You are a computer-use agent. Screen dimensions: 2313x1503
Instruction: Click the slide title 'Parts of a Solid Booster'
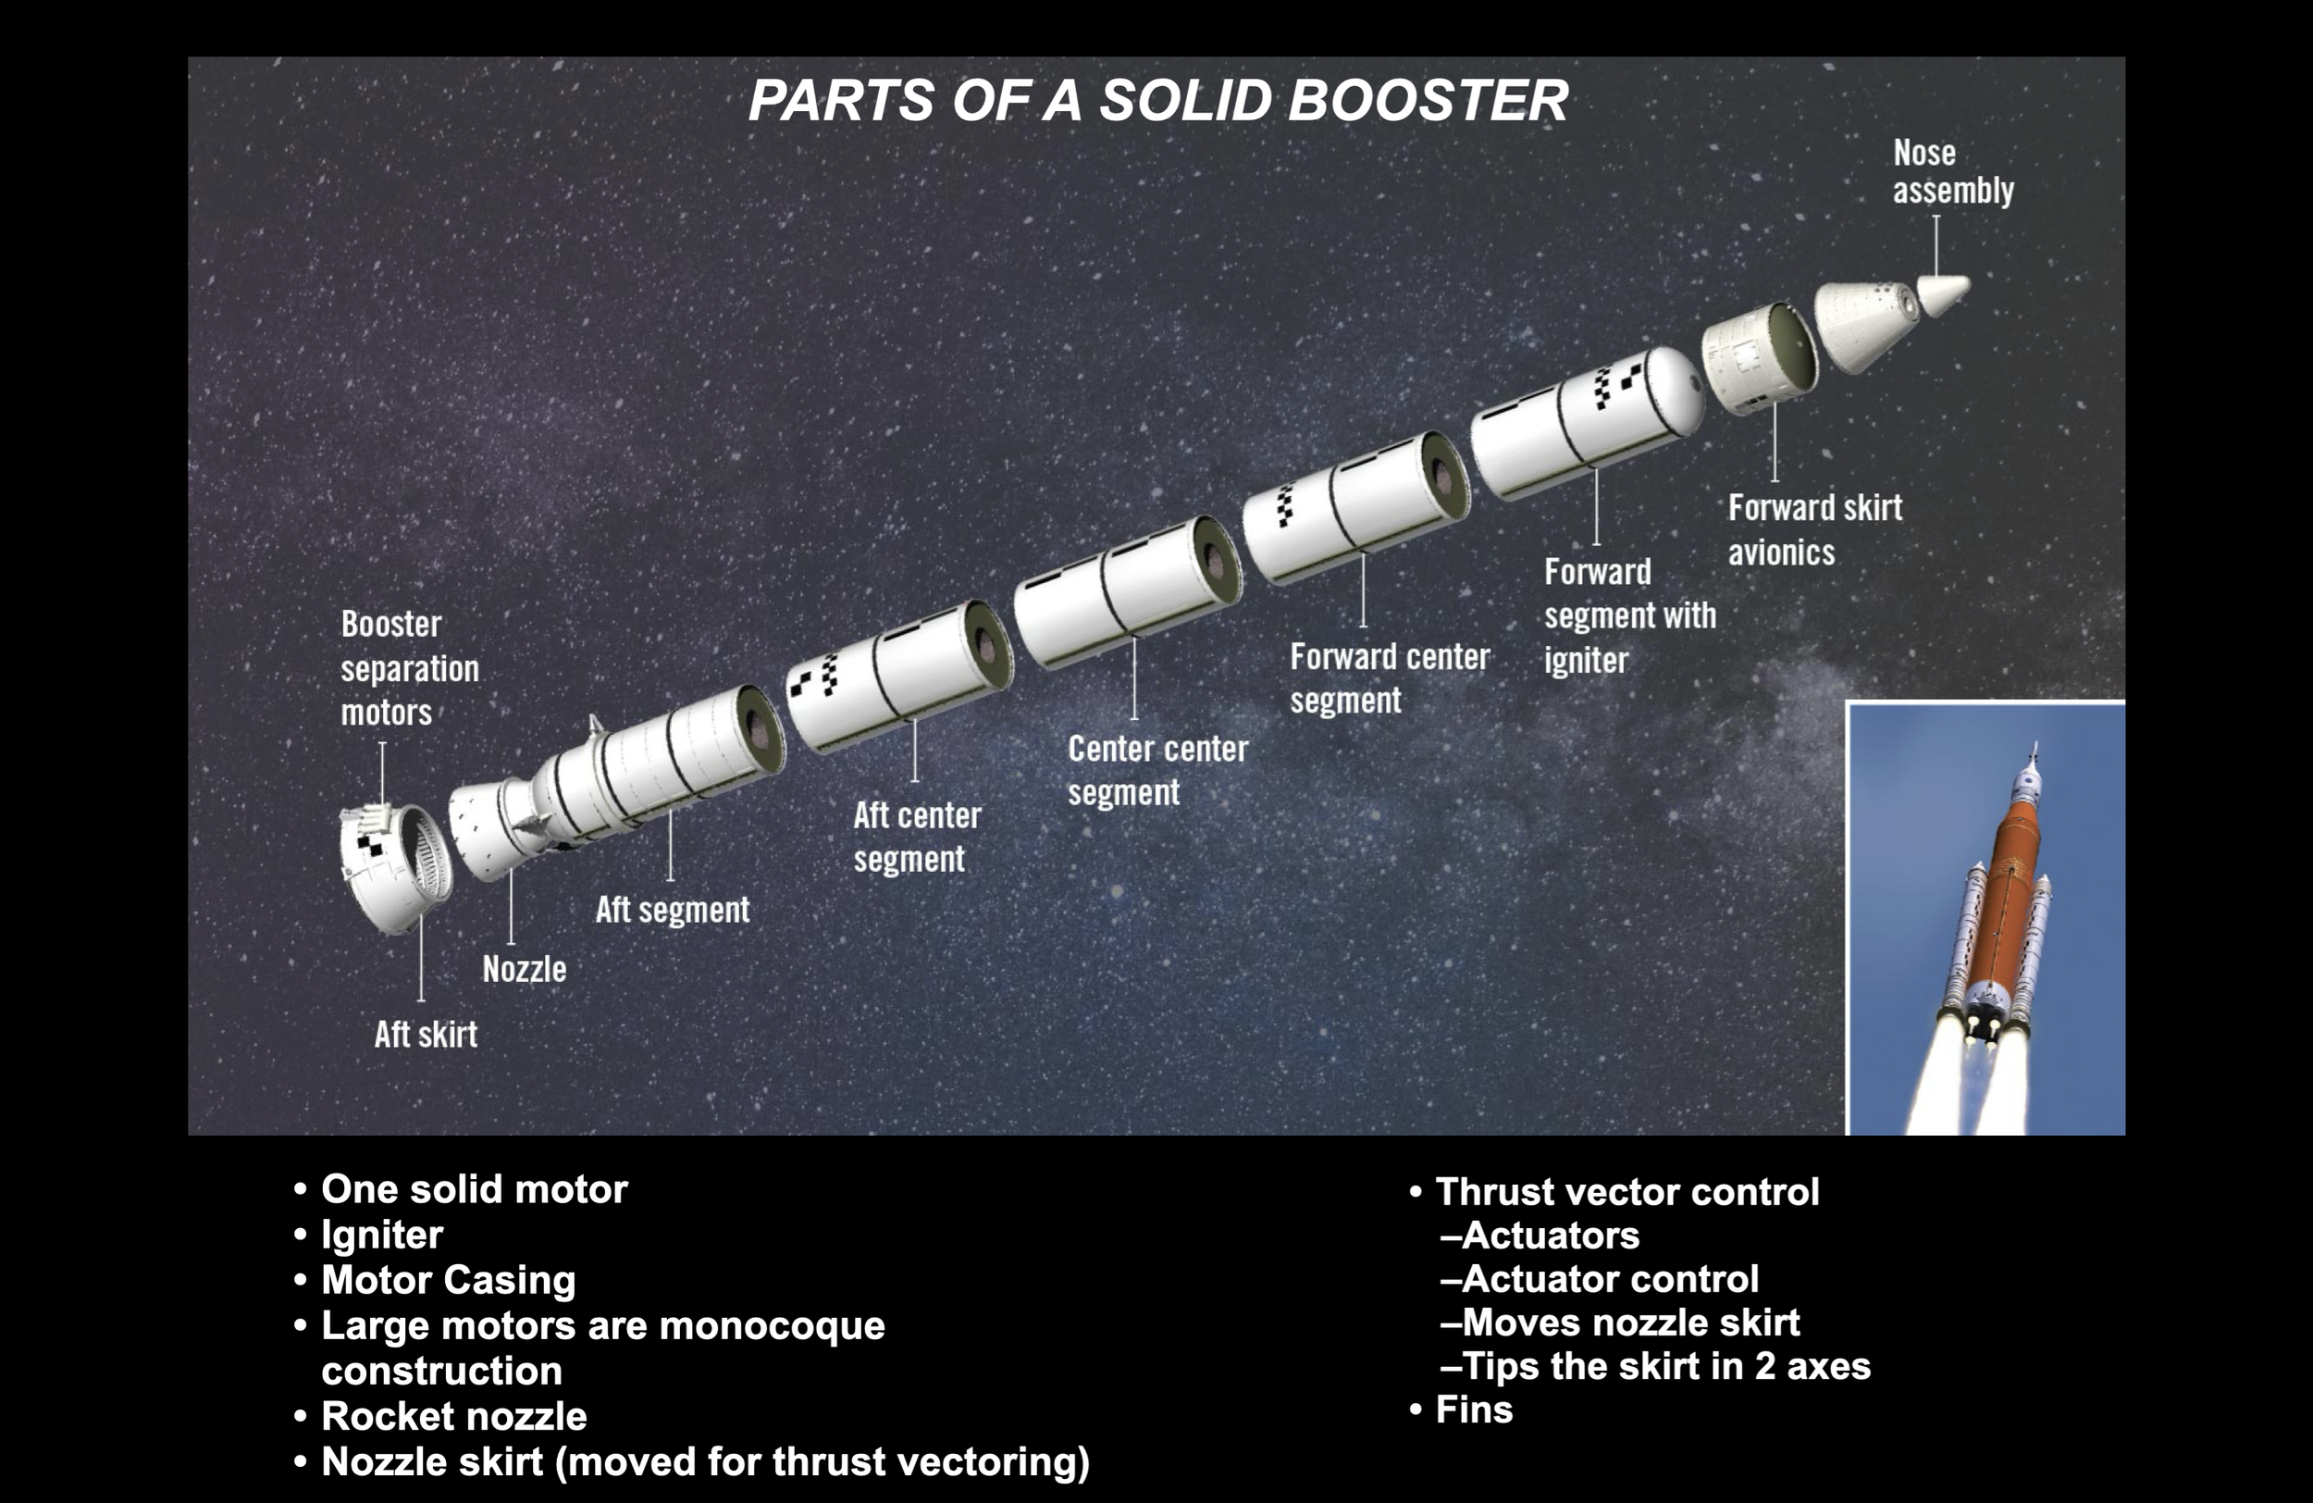click(1157, 100)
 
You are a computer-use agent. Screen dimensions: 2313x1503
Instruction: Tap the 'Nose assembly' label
click(1951, 171)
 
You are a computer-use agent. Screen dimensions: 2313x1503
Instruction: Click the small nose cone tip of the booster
click(1945, 292)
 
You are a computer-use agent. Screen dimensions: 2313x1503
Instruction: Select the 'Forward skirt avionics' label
click(1813, 529)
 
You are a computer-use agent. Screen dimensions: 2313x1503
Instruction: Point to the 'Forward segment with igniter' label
click(1629, 615)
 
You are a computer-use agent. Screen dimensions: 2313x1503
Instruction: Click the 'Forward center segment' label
click(1389, 678)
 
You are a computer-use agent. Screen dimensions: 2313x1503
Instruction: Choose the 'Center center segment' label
click(1156, 770)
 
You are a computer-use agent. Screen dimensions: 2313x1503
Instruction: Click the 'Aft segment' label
click(672, 910)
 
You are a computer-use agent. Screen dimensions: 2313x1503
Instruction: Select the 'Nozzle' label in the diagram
click(524, 969)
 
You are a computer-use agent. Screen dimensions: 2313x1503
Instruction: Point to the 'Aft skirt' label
click(426, 1035)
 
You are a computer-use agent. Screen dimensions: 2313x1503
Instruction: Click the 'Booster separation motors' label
click(409, 669)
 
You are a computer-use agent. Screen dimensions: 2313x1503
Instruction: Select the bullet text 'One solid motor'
click(475, 1189)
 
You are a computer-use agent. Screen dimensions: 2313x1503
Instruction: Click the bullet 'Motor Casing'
click(448, 1279)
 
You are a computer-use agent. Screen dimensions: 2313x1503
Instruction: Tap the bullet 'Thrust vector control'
click(1627, 1192)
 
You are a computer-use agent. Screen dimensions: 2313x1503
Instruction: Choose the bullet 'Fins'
click(1473, 1410)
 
